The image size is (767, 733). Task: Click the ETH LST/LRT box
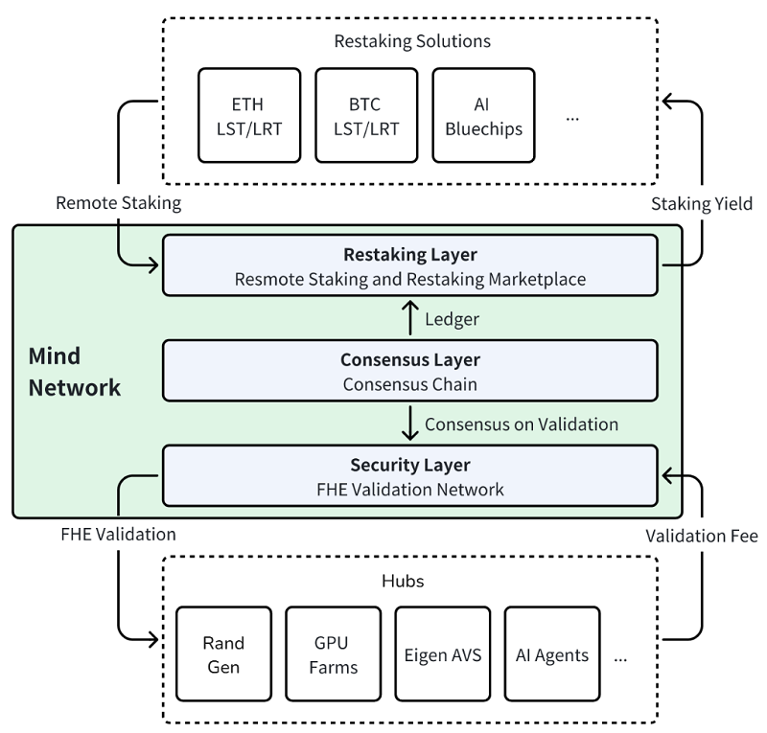click(x=249, y=115)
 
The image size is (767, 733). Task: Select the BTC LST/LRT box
click(x=366, y=115)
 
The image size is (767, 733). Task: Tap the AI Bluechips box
click(x=484, y=115)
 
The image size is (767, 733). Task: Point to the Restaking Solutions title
click(x=412, y=41)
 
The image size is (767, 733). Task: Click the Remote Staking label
click(x=118, y=203)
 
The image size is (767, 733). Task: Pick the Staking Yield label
click(x=702, y=204)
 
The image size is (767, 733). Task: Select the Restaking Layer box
click(x=410, y=265)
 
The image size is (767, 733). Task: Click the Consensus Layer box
click(x=410, y=371)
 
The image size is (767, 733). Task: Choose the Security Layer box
click(x=410, y=475)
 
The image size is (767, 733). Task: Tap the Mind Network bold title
click(x=75, y=372)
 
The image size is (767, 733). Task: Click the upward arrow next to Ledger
click(x=410, y=318)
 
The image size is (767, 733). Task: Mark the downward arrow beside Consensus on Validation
click(x=410, y=423)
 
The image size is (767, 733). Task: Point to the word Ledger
click(x=452, y=319)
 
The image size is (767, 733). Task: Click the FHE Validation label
click(x=118, y=535)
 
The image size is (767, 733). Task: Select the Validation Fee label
click(x=702, y=536)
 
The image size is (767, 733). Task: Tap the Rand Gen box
click(x=224, y=654)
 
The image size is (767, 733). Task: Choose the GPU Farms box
click(x=333, y=654)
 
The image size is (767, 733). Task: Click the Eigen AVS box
click(x=443, y=654)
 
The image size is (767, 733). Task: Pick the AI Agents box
click(x=552, y=654)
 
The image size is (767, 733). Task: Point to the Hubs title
click(x=403, y=581)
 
